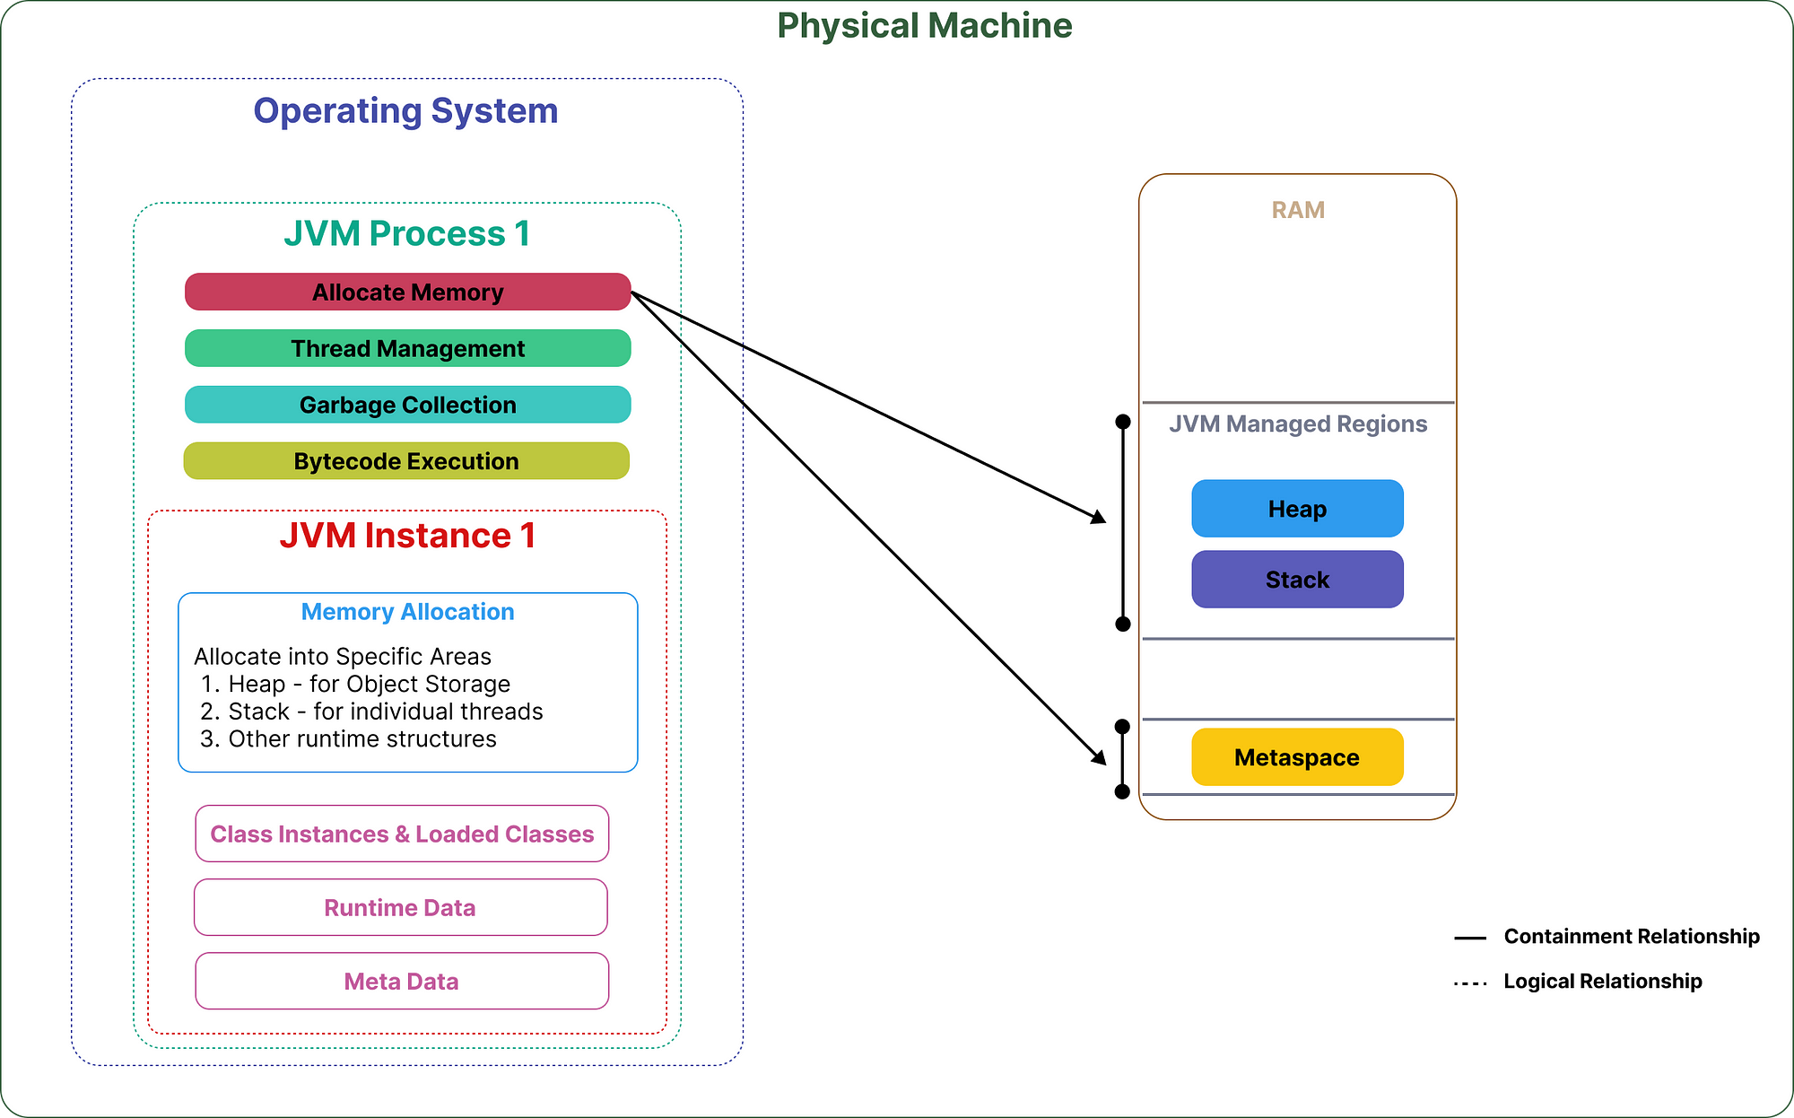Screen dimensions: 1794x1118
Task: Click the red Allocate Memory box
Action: point(408,292)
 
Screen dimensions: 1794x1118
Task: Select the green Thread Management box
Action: point(408,348)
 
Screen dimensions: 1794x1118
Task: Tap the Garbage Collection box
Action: point(408,405)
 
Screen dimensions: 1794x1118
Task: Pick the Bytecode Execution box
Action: point(406,461)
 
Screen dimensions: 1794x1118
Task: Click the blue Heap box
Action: point(1297,509)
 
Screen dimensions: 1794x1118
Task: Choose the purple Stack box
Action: point(1297,580)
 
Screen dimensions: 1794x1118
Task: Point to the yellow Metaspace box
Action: point(1297,757)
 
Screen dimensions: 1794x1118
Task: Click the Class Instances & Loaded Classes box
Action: point(402,834)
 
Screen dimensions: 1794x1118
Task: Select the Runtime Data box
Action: point(401,907)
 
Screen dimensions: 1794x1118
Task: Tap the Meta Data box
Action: point(402,981)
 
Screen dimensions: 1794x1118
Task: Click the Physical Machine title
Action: point(925,25)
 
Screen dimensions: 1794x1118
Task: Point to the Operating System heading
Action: point(405,111)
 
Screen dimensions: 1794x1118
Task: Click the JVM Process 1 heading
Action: point(407,233)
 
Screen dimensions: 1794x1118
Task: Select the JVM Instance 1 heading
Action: point(408,536)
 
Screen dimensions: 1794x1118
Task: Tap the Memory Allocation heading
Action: point(408,612)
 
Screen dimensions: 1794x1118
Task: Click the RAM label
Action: point(1298,210)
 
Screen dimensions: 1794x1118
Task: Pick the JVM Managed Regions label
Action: point(1298,424)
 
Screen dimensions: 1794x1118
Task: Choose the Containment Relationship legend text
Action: point(1632,937)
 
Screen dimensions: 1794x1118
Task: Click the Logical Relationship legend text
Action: point(1603,982)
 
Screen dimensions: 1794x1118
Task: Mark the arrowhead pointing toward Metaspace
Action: point(1100,757)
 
